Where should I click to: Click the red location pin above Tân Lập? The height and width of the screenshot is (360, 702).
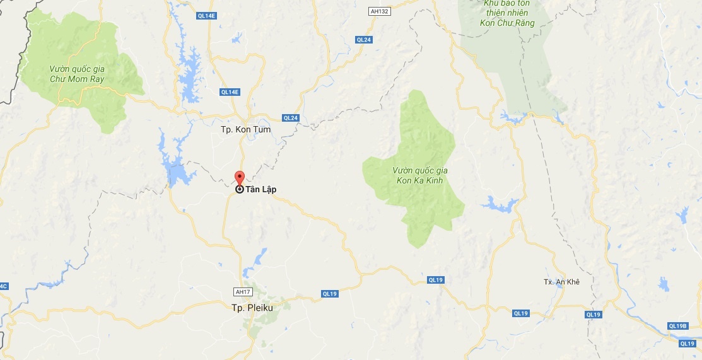coord(239,177)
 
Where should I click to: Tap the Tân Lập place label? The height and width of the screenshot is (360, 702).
coord(260,189)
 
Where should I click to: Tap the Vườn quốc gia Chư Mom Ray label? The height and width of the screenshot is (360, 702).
coord(77,74)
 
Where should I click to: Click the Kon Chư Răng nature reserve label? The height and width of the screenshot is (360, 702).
coord(508,14)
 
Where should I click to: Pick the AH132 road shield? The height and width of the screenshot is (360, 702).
coord(377,11)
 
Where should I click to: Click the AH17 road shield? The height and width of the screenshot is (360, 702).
coord(242,292)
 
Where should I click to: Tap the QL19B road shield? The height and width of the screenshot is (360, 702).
coord(677,326)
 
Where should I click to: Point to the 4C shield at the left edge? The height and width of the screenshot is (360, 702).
coord(4,287)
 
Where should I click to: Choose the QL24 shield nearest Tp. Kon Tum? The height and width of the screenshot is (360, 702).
coord(290,118)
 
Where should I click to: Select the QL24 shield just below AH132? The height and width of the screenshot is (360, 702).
coord(364,39)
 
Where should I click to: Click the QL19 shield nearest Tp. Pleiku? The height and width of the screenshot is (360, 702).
coord(330,293)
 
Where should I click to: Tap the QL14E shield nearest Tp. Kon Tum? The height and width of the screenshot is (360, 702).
coord(230,92)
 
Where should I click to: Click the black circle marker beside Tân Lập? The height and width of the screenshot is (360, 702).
coord(239,189)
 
